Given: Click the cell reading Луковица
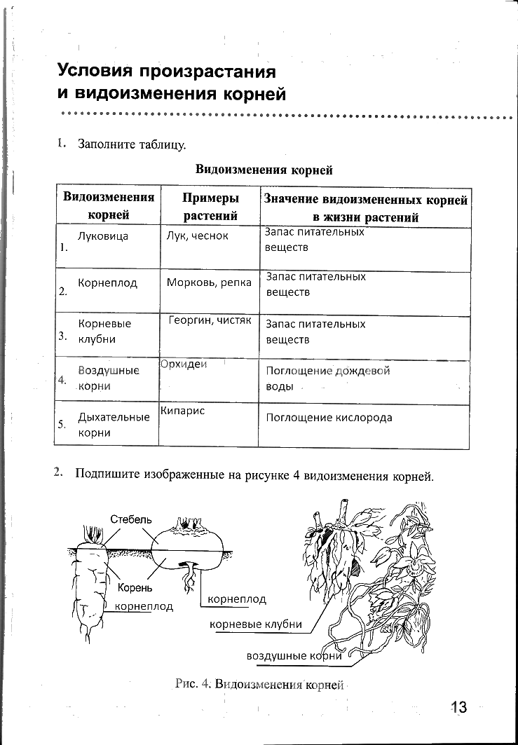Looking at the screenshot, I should pos(103,236).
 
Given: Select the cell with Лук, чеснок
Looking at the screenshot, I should pos(198,236).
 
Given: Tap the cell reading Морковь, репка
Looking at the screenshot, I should pos(209,283).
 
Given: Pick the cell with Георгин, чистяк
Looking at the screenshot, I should pos(210,320).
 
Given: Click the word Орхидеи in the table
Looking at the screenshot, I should pos(184,364).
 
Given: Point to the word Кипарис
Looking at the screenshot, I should pos(182,411).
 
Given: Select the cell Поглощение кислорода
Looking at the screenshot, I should pos(329,418).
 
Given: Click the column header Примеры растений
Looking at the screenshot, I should pos(210,206).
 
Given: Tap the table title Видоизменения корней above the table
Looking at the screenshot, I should pos(263,170).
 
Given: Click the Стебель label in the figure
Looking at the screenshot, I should pos(130,519).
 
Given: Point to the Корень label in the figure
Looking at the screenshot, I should pos(135,587).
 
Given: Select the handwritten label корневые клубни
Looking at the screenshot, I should pos(256,624).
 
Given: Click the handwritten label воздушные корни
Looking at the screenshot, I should pos(294,656).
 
